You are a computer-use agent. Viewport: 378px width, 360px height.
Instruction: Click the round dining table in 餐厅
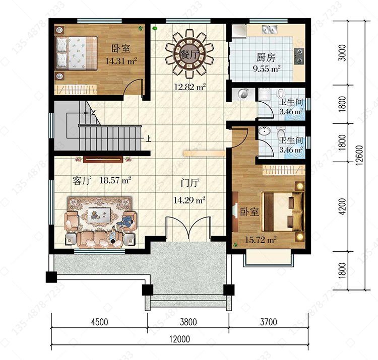(189, 54)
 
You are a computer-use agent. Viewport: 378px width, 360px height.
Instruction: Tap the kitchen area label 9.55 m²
(267, 69)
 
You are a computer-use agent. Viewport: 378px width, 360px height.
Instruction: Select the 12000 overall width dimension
(179, 339)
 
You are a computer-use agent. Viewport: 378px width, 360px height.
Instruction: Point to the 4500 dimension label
(100, 322)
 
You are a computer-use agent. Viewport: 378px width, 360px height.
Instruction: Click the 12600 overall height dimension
(359, 155)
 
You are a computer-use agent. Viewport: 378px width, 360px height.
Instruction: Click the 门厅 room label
(190, 183)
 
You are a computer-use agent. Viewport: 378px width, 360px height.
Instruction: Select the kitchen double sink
(270, 29)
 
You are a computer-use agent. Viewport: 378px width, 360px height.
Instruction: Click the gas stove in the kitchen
(299, 56)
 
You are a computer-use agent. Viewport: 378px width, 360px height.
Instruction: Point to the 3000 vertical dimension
(342, 53)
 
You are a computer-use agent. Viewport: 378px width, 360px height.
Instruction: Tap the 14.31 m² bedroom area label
(121, 61)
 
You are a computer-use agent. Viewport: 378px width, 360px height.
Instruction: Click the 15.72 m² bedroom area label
(261, 240)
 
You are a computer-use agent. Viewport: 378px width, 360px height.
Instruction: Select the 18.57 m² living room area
(115, 180)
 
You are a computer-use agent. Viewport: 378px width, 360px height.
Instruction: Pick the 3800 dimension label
(188, 322)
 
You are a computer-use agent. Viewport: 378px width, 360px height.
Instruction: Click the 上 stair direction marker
(149, 138)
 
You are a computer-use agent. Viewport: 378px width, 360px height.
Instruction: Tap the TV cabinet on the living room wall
(103, 160)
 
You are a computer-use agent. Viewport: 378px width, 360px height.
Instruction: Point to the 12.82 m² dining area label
(190, 87)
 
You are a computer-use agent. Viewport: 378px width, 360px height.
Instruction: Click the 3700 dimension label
(268, 322)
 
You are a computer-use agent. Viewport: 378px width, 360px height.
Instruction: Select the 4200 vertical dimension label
(342, 206)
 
